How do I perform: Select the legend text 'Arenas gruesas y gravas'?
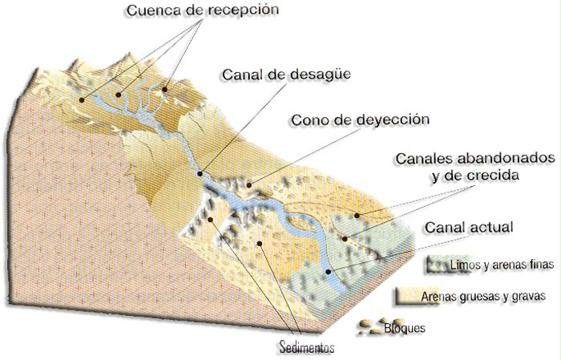(x=486, y=295)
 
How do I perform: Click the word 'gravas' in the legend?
(x=531, y=295)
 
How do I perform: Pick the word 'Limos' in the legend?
(x=466, y=265)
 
